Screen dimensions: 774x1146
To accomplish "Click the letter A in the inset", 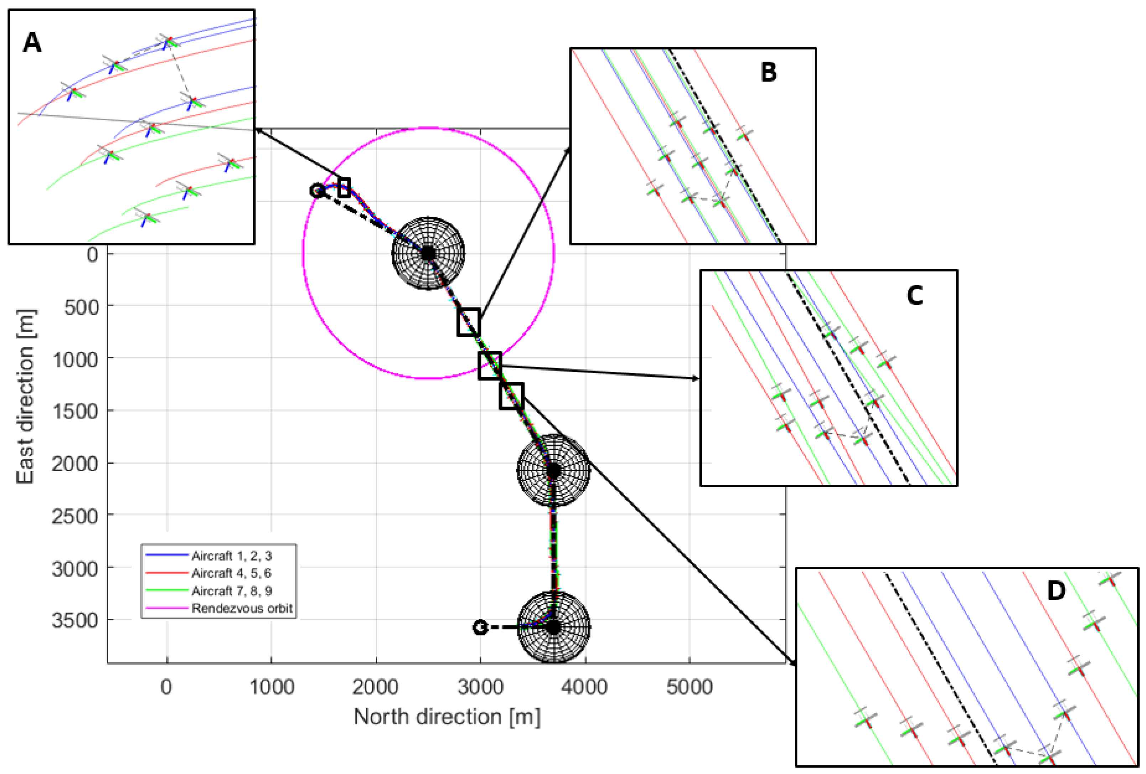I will [32, 43].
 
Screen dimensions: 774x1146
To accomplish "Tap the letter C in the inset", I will [915, 296].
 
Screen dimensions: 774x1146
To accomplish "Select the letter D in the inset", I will [1056, 591].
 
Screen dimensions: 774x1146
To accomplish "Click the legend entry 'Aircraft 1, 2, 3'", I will [231, 556].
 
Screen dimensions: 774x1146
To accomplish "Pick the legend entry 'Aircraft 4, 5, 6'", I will [231, 573].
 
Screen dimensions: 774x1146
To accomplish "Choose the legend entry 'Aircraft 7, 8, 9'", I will [231, 591].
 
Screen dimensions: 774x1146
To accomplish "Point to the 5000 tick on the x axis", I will [689, 687].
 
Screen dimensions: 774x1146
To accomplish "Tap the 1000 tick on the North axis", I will [272, 687].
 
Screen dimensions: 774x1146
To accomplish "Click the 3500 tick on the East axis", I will [75, 620].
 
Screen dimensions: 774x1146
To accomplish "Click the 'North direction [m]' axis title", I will [447, 717].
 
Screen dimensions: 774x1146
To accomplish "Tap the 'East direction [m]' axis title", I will [26, 396].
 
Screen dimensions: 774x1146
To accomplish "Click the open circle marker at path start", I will [317, 191].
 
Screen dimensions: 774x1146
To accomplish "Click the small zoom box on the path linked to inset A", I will [344, 187].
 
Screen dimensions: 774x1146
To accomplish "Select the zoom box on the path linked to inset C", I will [490, 365].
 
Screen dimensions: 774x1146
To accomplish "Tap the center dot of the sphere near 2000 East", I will [553, 470].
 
